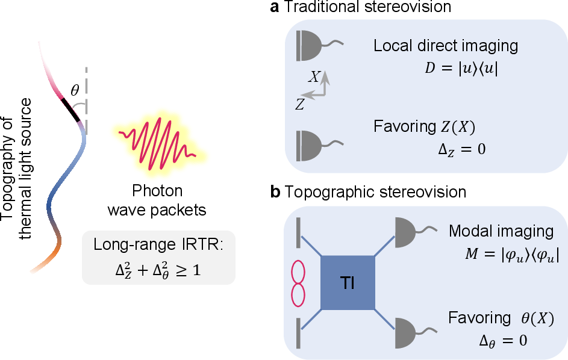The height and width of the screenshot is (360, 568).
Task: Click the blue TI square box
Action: click(348, 283)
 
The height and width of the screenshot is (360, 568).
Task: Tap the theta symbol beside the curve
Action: click(75, 90)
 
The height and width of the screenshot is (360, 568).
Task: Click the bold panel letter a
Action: click(275, 7)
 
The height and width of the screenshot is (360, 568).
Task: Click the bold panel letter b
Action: click(275, 191)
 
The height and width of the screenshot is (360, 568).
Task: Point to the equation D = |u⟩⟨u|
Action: click(461, 68)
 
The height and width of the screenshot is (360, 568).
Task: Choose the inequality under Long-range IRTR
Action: click(158, 270)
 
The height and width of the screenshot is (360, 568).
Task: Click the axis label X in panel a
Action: click(315, 77)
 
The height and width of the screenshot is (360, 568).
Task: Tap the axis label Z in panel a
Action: click(299, 105)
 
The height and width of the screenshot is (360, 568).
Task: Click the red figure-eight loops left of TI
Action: click(298, 283)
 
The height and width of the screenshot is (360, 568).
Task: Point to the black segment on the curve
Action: click(70, 110)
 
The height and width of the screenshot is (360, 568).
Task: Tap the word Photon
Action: click(157, 191)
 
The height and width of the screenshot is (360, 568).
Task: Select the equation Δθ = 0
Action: click(503, 341)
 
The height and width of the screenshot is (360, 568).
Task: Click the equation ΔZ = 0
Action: click(462, 149)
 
